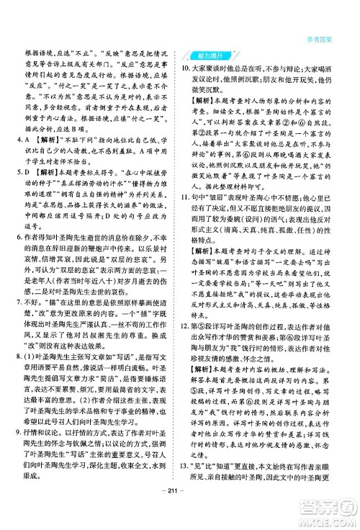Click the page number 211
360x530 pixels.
coord(179,513)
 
